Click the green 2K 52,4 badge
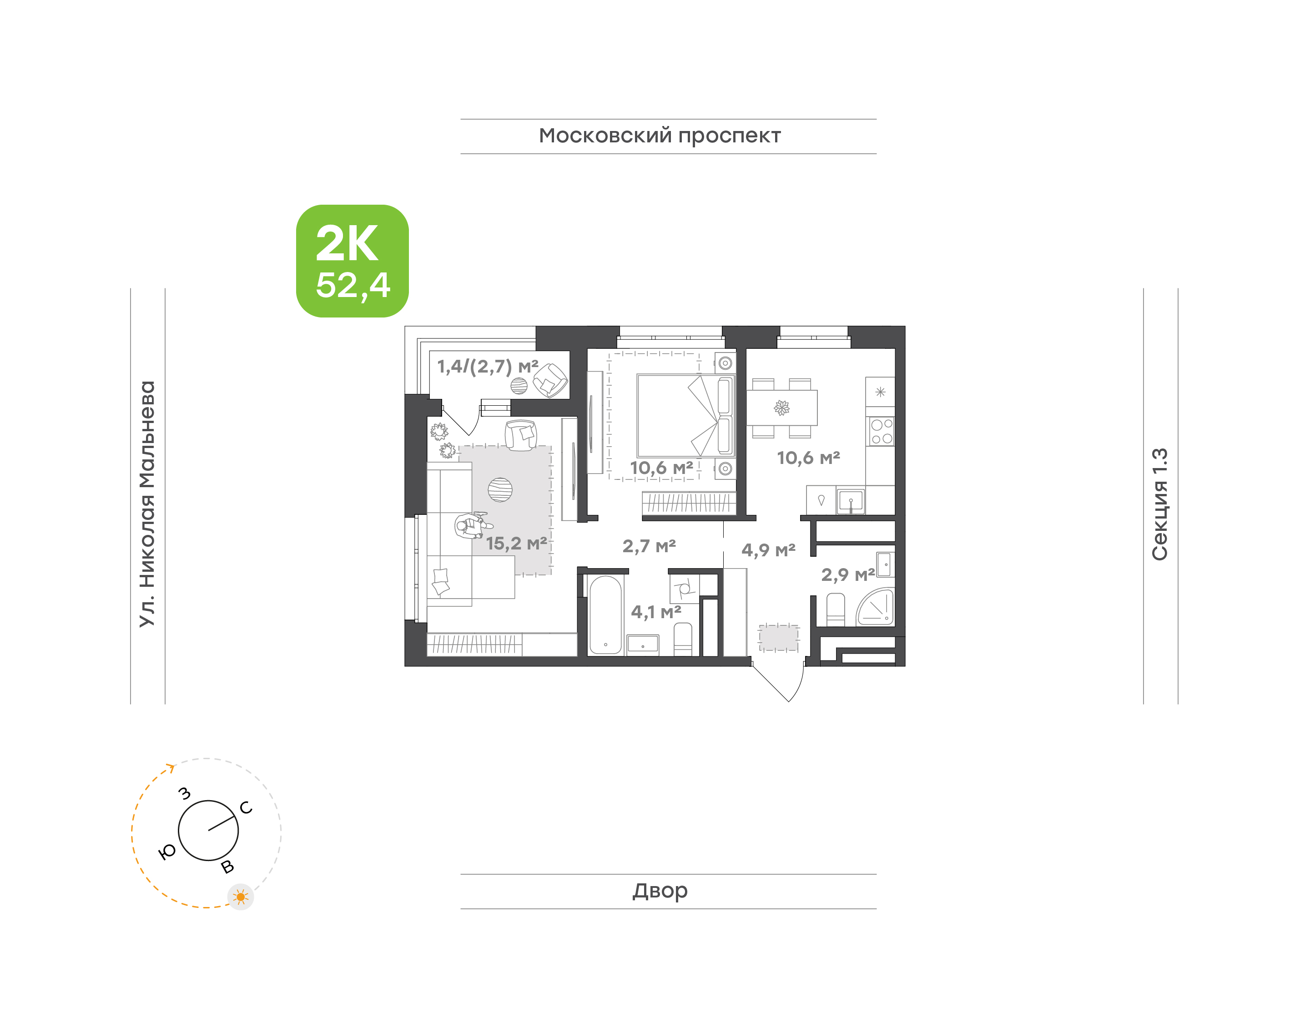tap(352, 261)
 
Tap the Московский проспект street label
tap(660, 136)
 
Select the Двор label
tap(660, 891)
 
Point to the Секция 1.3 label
tap(1159, 504)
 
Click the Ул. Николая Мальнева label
tap(147, 504)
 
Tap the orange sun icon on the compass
tap(241, 897)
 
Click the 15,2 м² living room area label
tap(516, 544)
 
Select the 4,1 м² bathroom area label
tap(656, 612)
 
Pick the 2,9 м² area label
tap(848, 575)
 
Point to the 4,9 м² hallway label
tap(768, 549)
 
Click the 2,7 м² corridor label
tap(649, 546)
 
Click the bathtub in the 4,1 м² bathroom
tap(605, 615)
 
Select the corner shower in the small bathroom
tap(876, 607)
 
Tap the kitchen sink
tap(850, 501)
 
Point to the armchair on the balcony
tap(550, 380)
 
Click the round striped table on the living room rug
tap(500, 490)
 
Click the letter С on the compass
tap(246, 808)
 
